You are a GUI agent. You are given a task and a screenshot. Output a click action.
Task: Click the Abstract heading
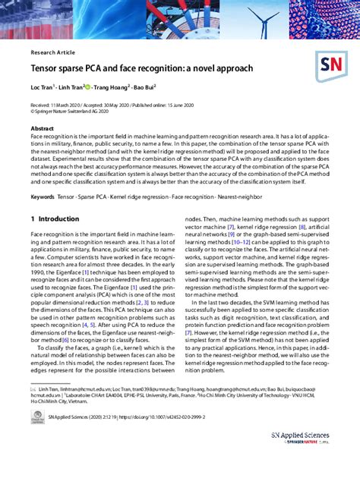[42, 129]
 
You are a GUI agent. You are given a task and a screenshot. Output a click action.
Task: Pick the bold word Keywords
[43, 197]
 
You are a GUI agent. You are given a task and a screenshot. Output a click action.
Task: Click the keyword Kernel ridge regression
[140, 197]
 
